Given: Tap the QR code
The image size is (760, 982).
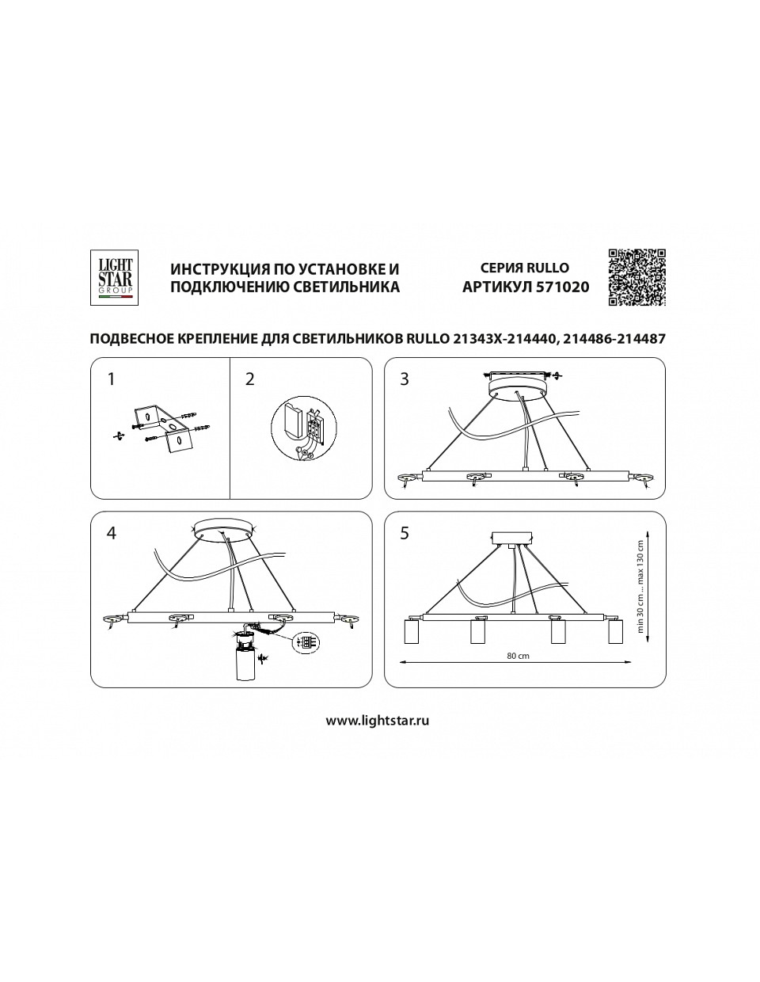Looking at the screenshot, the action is tap(636, 277).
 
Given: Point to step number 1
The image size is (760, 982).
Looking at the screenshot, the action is tap(111, 379).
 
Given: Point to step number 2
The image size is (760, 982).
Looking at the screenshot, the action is tap(249, 379).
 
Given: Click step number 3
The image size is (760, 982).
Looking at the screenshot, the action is tap(405, 379).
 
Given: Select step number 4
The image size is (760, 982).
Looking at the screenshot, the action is tap(111, 533).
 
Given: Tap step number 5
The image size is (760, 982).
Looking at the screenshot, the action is tap(405, 533).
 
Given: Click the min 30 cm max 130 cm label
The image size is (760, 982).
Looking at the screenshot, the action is tap(640, 586).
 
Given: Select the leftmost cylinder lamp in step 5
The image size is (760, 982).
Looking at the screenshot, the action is tap(412, 631).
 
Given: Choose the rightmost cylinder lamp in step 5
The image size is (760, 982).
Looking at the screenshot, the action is tap(615, 631).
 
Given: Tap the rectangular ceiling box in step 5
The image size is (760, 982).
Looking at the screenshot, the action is tap(513, 538).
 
